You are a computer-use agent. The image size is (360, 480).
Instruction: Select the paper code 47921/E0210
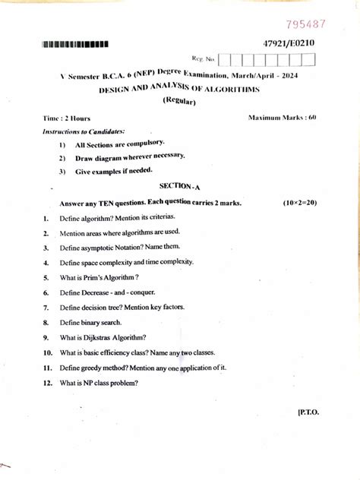[289, 43]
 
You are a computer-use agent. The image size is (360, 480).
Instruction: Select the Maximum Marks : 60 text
[282, 118]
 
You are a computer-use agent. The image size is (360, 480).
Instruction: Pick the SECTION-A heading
[178, 185]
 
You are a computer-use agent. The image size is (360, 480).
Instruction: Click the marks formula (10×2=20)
[299, 204]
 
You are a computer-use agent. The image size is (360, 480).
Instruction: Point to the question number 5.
[46, 278]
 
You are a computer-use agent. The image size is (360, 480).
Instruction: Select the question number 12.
[47, 383]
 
